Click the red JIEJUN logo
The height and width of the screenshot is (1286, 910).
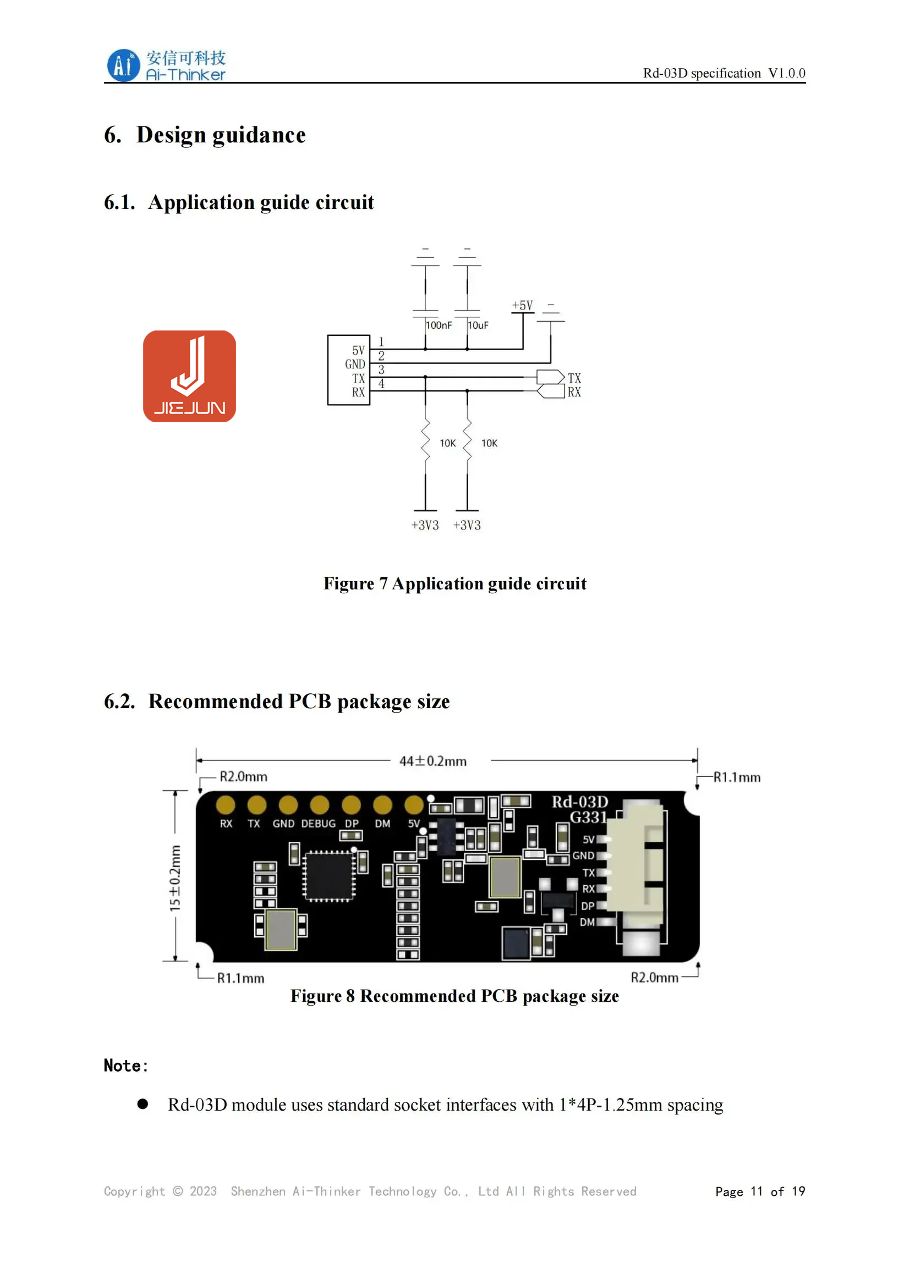[x=189, y=376]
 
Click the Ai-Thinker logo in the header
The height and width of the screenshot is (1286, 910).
[x=166, y=65]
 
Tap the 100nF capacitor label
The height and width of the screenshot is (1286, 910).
[x=438, y=325]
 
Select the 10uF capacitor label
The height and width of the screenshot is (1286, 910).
[x=478, y=325]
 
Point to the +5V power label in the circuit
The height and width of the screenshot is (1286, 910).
[x=522, y=305]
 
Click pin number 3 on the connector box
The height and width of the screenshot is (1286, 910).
[x=381, y=369]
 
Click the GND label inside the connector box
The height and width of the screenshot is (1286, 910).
[x=355, y=364]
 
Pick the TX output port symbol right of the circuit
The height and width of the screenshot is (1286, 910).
[x=550, y=377]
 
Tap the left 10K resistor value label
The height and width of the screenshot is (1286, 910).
[x=447, y=443]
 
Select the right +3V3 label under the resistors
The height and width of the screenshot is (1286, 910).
[x=467, y=526]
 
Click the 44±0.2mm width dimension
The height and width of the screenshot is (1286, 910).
[x=432, y=761]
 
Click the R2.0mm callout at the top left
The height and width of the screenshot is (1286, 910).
[x=243, y=777]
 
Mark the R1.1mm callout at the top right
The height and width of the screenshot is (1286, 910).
[x=736, y=777]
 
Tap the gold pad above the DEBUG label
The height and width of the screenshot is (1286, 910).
[x=320, y=805]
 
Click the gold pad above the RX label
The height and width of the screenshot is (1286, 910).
[x=226, y=805]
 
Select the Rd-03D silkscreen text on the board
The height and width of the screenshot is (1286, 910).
[x=579, y=802]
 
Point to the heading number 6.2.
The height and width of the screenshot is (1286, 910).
[x=119, y=702]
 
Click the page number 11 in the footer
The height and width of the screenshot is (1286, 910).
[x=756, y=1191]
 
